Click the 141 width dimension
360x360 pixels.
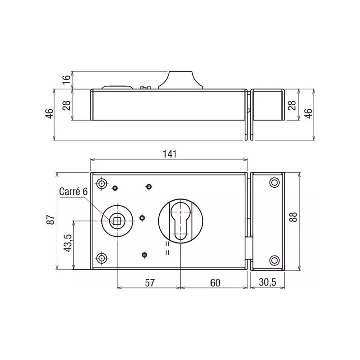point(169,153)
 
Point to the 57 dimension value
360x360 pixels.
point(150,283)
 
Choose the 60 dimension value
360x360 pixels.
point(215,283)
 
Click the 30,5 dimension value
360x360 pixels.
point(267,283)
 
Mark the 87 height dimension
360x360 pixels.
point(51,220)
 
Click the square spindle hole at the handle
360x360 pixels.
point(117,220)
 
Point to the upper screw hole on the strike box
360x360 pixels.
point(274,182)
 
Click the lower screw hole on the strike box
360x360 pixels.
point(274,259)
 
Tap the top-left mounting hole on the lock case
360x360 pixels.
point(102,184)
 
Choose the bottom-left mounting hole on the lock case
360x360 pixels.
point(102,258)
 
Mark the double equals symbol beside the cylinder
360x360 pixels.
point(167,249)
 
